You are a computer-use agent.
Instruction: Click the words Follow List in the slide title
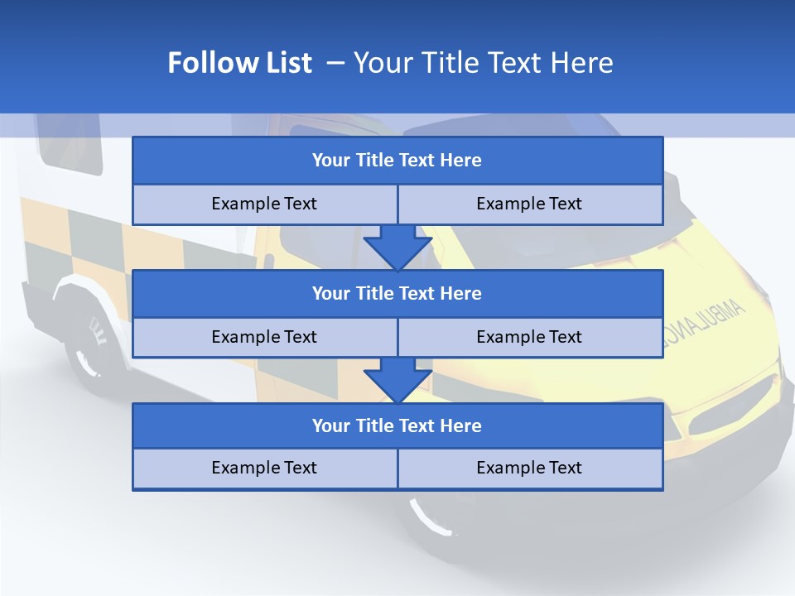(x=239, y=63)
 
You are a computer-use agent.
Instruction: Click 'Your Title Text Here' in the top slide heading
(x=483, y=63)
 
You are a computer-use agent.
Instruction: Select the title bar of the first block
(x=397, y=161)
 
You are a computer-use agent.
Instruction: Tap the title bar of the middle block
(x=397, y=293)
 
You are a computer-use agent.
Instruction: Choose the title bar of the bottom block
(x=397, y=425)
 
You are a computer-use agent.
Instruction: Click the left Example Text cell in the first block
(x=264, y=204)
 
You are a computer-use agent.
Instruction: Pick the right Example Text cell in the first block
(x=529, y=204)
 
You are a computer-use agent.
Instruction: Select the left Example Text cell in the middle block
(x=264, y=337)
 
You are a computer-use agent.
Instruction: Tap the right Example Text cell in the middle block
(x=529, y=337)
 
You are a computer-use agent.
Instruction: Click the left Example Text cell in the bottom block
(x=264, y=468)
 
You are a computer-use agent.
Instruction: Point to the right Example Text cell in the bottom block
(x=529, y=468)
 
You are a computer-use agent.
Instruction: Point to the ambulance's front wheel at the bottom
(x=431, y=517)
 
